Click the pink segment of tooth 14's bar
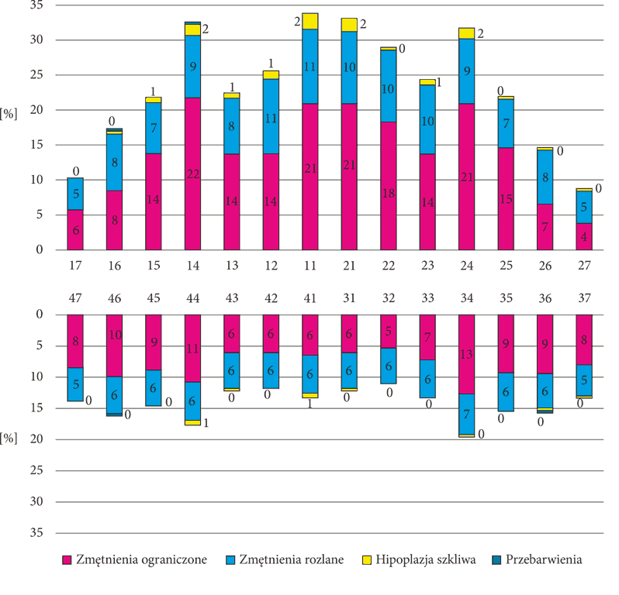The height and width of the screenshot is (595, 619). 192,174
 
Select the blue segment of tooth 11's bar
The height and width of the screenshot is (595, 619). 310,67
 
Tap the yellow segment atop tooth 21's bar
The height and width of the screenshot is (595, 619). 349,25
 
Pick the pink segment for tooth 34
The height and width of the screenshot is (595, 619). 467,354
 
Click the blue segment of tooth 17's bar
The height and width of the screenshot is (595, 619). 75,194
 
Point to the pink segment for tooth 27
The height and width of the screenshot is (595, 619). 584,236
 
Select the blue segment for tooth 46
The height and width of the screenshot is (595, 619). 114,394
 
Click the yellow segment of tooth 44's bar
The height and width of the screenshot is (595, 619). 192,422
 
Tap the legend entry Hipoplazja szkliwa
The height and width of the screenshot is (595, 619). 419,559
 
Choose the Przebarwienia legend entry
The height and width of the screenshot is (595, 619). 537,559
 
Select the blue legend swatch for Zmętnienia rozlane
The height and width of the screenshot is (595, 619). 230,560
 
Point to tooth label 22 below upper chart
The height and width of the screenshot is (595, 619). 388,266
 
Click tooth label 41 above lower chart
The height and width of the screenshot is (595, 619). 310,298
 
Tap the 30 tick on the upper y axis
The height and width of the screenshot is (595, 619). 36,40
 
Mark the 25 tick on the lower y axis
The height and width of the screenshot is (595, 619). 36,470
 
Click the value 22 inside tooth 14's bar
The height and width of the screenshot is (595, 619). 192,174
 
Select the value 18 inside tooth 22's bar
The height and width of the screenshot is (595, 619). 388,193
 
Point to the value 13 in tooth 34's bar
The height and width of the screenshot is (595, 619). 467,354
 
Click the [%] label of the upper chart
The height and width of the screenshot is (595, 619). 9,114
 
